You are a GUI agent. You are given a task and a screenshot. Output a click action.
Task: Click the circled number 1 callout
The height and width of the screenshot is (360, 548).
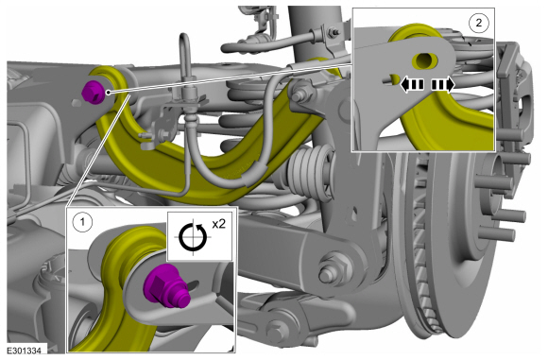82,222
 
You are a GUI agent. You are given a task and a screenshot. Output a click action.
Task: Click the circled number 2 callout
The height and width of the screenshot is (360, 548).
478,23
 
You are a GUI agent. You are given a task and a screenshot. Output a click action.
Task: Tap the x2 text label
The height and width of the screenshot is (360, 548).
219,224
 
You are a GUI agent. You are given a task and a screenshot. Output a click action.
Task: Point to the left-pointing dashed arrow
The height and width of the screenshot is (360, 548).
412,85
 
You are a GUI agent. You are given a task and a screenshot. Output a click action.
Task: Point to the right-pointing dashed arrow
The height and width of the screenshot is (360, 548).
443,85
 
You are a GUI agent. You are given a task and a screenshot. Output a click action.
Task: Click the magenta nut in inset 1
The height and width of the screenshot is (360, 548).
166,286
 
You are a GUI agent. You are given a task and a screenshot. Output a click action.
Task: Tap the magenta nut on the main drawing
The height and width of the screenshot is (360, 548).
94,92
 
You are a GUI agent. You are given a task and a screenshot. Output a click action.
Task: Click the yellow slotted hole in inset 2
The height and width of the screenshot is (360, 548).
424,60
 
